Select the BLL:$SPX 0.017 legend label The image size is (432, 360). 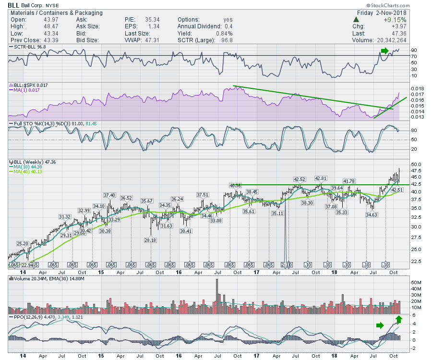[x=32, y=85]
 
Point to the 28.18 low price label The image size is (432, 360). [x=151, y=240]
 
